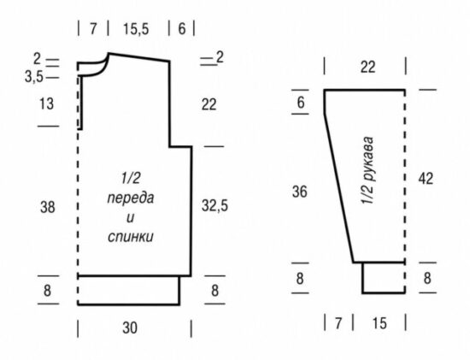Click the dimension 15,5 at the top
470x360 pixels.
pos(136,29)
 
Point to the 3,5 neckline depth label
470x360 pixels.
pos(34,78)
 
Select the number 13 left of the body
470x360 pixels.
pos(46,103)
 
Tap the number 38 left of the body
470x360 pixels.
pos(48,207)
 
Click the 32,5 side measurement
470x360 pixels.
pos(214,206)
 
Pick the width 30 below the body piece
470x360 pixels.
pos(130,328)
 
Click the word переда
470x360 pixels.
pos(131,198)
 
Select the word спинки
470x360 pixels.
pos(131,237)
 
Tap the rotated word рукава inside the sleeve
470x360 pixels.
pos(368,158)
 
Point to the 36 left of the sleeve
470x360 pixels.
pos(300,192)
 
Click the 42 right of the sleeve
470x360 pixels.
pos(426,179)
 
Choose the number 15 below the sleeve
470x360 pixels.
pos(379,323)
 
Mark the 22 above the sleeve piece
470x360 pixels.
pos(367,67)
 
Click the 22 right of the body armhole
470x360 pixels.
pos(209,104)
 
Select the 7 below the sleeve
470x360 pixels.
pos(338,323)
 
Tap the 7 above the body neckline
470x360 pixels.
pos(93,29)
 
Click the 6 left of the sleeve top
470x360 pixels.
pos(301,103)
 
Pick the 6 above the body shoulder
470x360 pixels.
pos(182,29)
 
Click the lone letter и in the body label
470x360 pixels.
pos(130,218)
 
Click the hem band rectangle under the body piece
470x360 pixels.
pos(129,291)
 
